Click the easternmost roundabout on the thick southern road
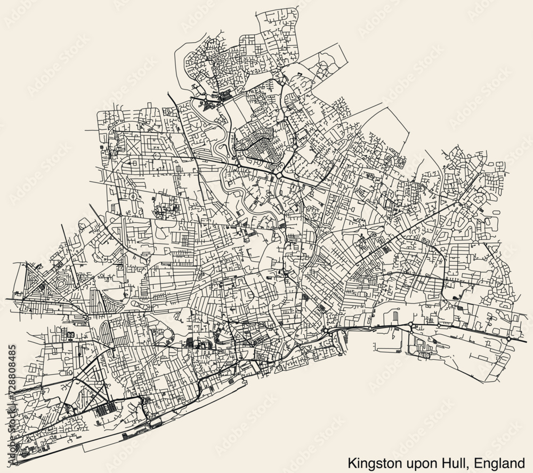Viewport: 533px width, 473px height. point(508,339)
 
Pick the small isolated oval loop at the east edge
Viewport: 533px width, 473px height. point(496,212)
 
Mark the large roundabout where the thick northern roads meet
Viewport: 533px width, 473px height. point(278,175)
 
